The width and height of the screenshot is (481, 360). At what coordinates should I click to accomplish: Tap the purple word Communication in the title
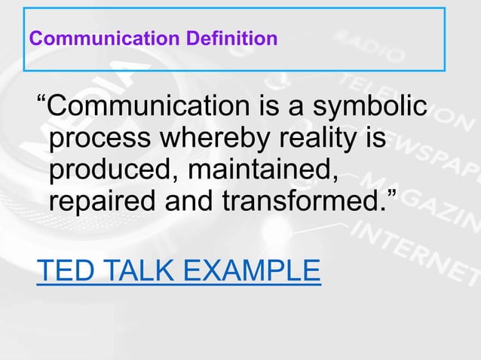coord(101,37)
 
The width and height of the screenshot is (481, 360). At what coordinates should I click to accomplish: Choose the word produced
coord(110,171)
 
